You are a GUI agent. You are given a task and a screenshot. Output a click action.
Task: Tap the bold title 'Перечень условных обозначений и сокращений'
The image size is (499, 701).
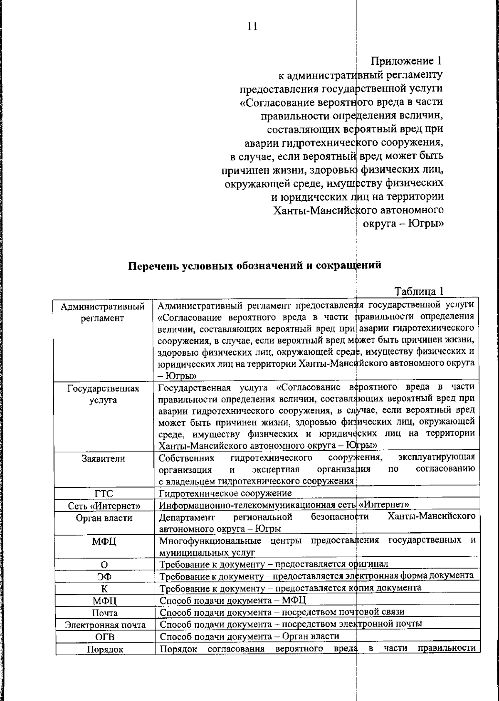pyautogui.click(x=254, y=265)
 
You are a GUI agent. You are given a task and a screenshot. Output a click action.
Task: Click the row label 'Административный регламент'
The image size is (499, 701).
pyautogui.click(x=103, y=312)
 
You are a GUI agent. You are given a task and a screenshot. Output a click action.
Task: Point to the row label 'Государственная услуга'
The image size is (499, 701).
pyautogui.click(x=103, y=394)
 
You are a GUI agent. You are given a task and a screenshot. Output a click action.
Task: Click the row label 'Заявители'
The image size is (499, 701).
pyautogui.click(x=103, y=459)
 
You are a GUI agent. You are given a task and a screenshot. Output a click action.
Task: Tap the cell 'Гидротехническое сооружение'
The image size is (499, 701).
pyautogui.click(x=225, y=493)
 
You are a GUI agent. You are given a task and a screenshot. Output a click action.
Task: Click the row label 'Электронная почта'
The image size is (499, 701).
pyautogui.click(x=105, y=625)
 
